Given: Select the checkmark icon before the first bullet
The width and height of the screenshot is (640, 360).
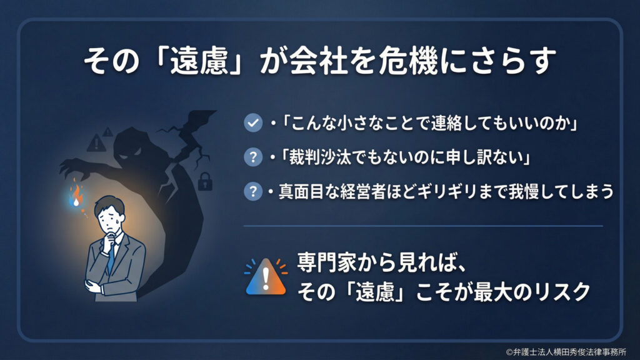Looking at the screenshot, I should (x=252, y=124).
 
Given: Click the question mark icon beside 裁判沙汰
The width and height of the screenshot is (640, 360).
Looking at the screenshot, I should (x=252, y=158).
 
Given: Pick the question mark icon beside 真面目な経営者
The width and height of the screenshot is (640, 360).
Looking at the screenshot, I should (x=252, y=192).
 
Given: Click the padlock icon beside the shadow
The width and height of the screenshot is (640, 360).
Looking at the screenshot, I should (x=204, y=182).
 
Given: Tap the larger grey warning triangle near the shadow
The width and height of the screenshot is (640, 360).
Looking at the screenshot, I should (x=96, y=143).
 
